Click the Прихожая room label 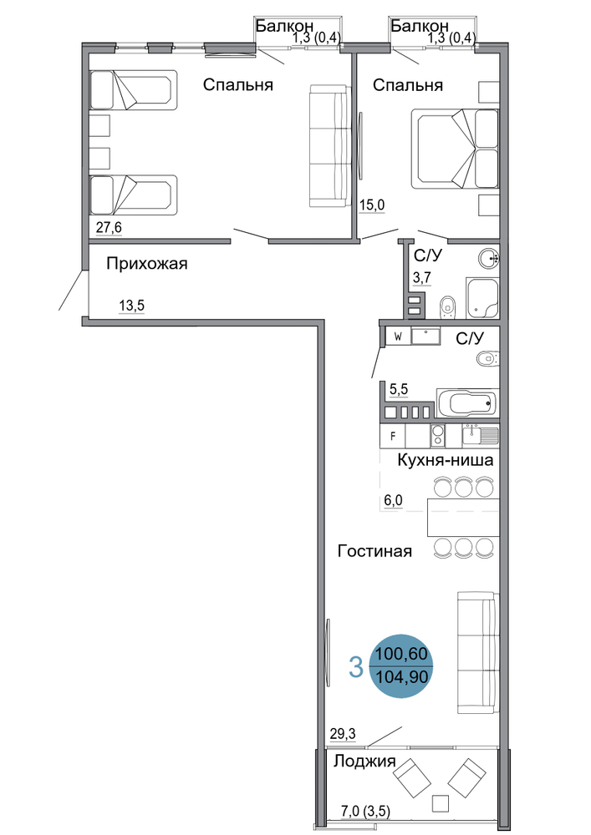click(146, 264)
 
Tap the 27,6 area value click(109, 227)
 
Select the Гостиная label click(374, 550)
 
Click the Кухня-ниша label click(445, 460)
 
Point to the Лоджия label click(364, 762)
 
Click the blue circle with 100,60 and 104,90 click(400, 665)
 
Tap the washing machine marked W click(398, 337)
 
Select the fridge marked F click(393, 436)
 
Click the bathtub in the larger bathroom click(466, 403)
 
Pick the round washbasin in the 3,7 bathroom click(489, 260)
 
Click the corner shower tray click(482, 298)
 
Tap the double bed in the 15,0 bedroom click(455, 149)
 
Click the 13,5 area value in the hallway click(131, 306)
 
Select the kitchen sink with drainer click(480, 435)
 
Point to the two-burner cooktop click(437, 436)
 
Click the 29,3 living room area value click(343, 734)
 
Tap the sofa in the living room click(477, 653)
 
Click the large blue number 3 click(356, 666)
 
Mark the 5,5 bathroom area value click(399, 389)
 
